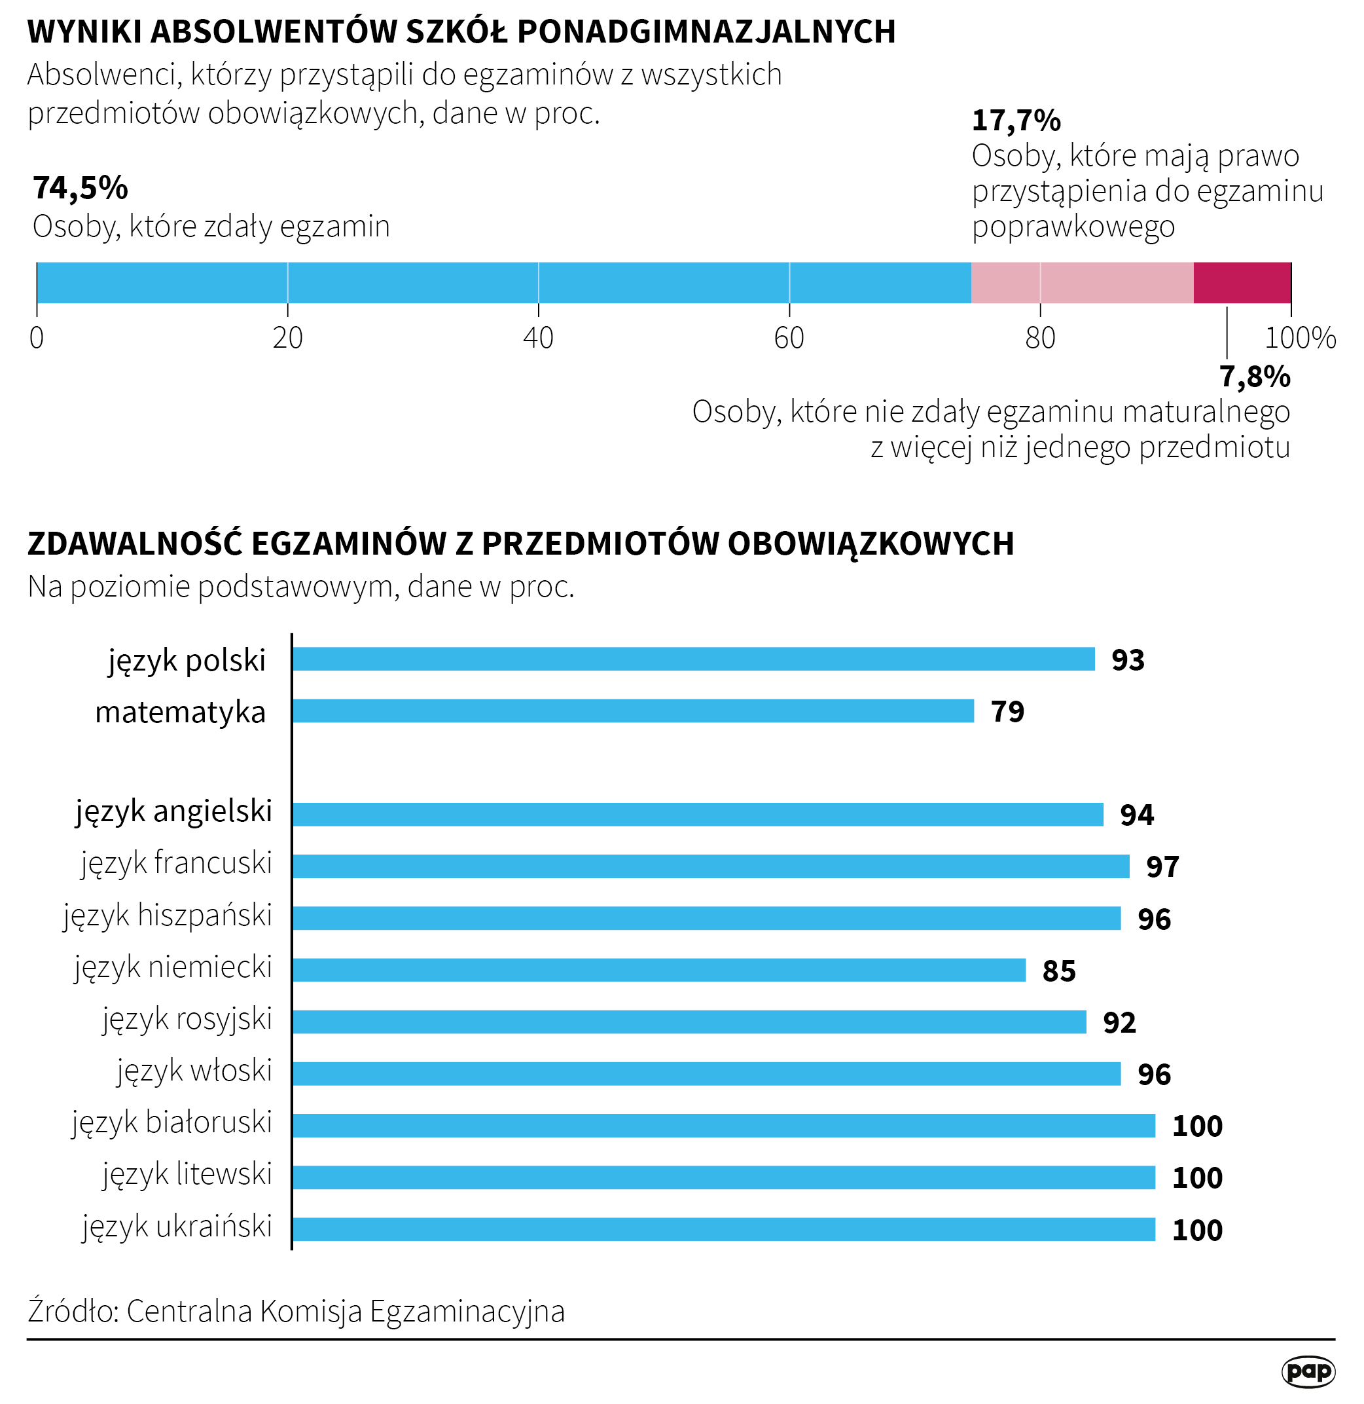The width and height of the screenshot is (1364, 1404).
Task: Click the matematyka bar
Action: point(634,711)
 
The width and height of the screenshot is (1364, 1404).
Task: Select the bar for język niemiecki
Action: point(659,970)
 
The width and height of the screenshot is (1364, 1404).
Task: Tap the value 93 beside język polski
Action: point(1128,659)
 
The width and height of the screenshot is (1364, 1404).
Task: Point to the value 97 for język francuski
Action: point(1162,866)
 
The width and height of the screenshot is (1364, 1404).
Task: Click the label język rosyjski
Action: point(187,1020)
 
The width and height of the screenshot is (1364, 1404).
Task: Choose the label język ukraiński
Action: point(177,1227)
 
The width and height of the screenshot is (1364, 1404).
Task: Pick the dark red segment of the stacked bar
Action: point(1242,282)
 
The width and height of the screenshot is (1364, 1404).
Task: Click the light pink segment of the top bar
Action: point(1082,282)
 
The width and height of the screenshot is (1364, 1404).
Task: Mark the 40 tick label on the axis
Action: point(538,337)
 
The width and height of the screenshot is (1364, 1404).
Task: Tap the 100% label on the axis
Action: point(1299,337)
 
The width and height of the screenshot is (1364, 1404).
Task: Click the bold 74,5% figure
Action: point(81,188)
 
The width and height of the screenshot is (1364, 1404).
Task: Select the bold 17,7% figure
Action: point(1016,120)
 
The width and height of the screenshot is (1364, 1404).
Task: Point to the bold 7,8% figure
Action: point(1255,377)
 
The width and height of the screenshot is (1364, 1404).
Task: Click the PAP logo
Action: point(1308,1371)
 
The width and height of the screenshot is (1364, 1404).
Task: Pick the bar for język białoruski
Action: point(723,1125)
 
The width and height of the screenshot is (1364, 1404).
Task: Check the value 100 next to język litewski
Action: point(1196,1177)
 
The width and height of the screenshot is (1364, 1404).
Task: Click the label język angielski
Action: point(174,811)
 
